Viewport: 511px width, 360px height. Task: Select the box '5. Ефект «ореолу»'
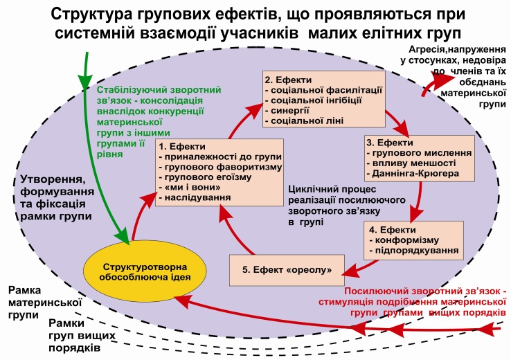287,269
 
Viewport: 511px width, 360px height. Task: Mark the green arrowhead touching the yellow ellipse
126,237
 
